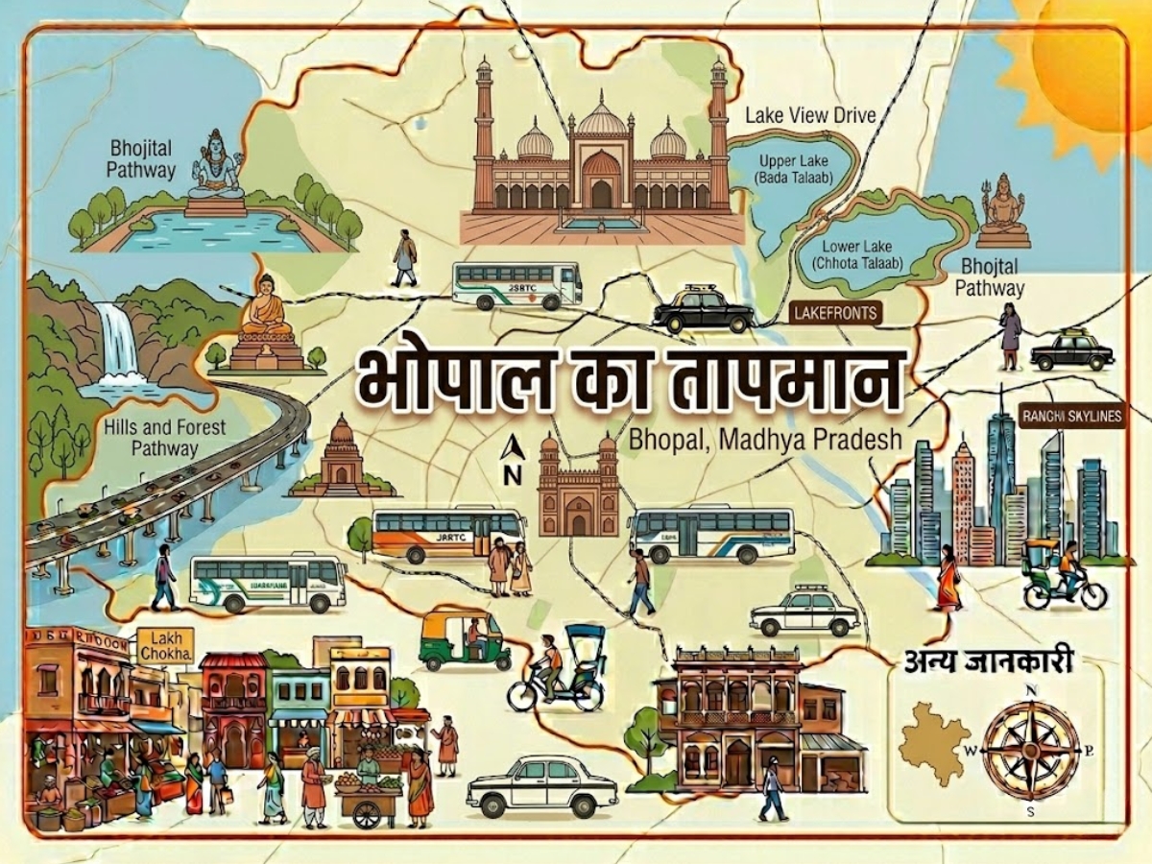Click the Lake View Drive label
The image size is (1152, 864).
tap(810, 116)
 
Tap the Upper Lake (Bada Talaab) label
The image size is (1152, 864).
tap(793, 169)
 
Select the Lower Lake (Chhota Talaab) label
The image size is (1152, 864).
tap(860, 254)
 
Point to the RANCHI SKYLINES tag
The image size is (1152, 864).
tap(1071, 416)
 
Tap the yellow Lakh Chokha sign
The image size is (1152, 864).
tap(165, 645)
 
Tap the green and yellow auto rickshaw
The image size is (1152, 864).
tap(466, 637)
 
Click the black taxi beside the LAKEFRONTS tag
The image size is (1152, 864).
tap(704, 309)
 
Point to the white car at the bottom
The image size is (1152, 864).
tap(542, 785)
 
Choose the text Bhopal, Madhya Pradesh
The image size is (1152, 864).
tap(765, 440)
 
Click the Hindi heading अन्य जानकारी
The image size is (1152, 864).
tap(989, 661)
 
